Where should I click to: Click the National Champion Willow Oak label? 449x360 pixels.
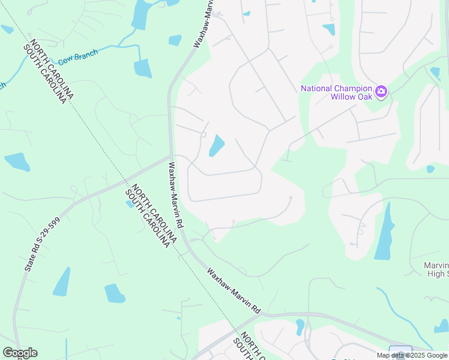pos(336,92)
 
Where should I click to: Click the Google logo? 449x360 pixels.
pos(20,353)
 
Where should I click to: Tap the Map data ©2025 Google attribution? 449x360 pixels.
pos(412,355)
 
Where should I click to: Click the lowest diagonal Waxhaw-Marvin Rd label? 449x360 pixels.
pos(234,291)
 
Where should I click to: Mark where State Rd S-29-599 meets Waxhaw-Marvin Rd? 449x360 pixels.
pos(170,157)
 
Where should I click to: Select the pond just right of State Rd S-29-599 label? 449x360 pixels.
pos(62,282)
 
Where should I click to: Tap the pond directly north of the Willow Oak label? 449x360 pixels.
pos(329,29)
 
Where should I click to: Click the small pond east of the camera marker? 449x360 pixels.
pos(435,73)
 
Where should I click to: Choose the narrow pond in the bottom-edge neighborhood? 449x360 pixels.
pos(300,327)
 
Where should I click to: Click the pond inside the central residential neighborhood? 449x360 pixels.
pos(217,145)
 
